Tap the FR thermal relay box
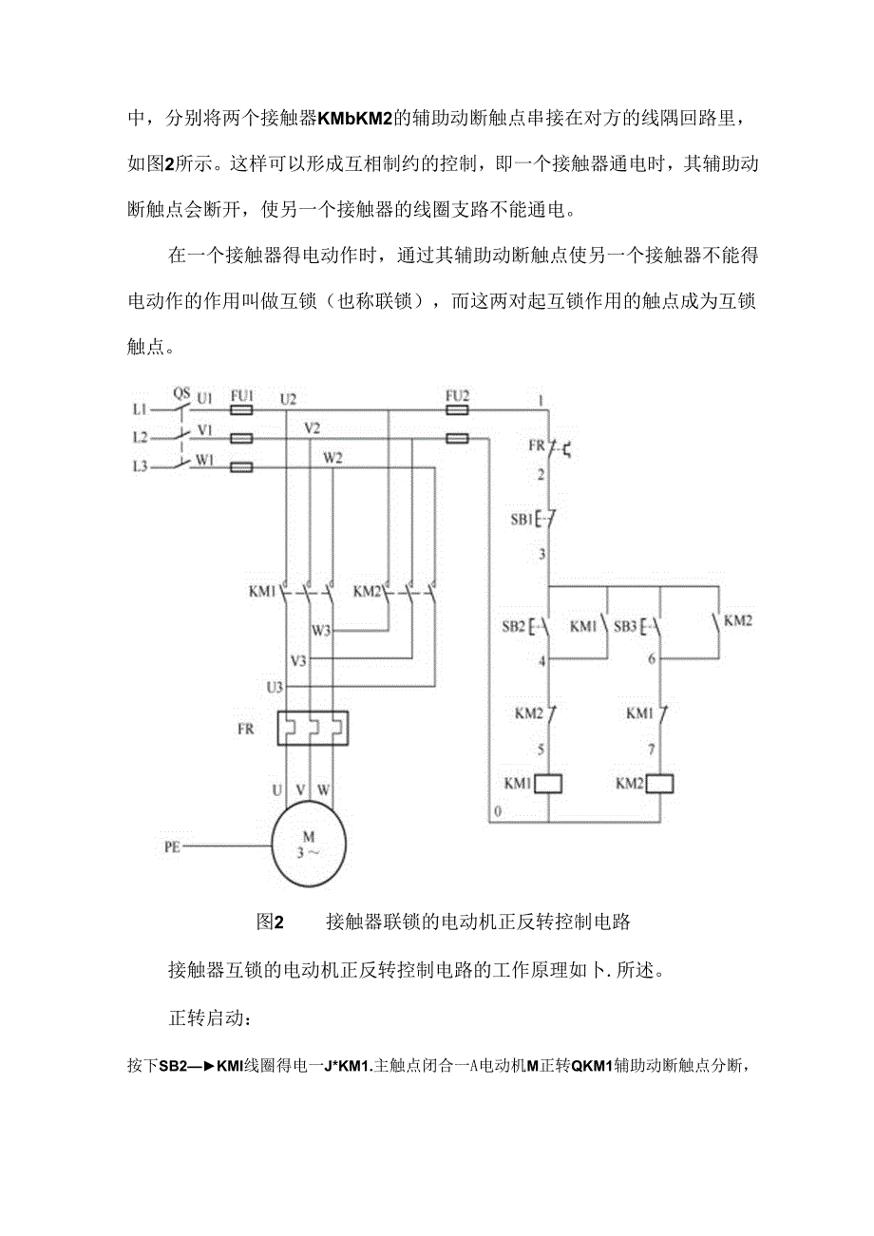312,730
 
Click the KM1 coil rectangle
548,784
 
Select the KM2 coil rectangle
657,784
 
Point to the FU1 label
241,395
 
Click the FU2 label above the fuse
458,394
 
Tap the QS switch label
183,391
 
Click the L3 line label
140,466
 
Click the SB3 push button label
626,627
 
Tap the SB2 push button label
515,627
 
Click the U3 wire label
274,685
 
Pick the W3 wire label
322,630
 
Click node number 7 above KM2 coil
651,751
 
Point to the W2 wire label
332,457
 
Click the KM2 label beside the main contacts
366,591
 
